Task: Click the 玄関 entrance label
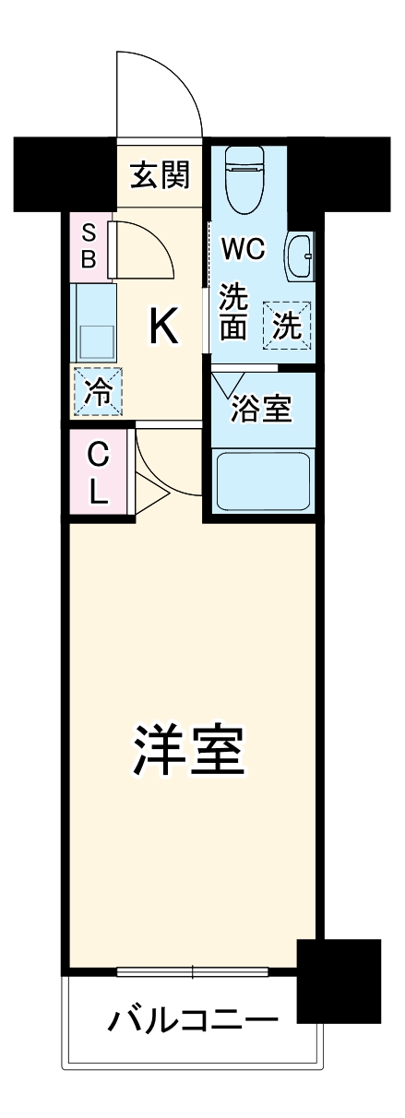160,175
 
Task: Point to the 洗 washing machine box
289,325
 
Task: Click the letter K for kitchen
163,326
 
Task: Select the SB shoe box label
89,244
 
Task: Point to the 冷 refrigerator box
98,389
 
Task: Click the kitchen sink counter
94,322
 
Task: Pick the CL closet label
98,472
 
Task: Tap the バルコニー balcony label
194,1021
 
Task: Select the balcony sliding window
193,971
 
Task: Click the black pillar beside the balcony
339,980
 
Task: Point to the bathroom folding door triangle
227,383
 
